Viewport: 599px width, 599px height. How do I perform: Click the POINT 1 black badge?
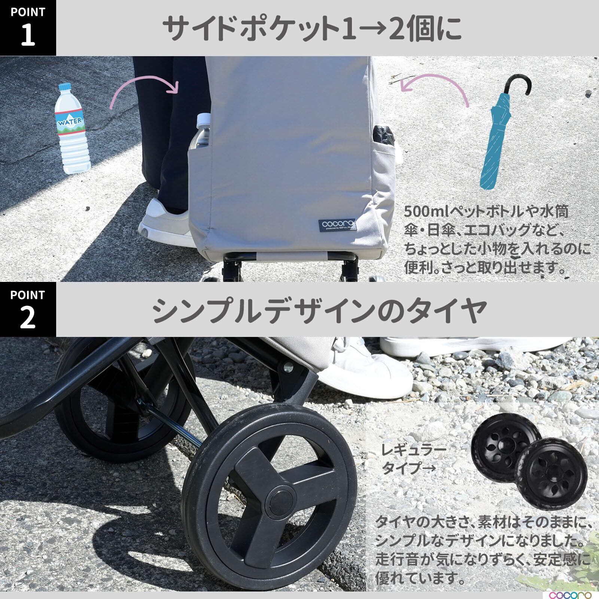coord(28,28)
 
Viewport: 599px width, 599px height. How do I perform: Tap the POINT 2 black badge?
coord(28,309)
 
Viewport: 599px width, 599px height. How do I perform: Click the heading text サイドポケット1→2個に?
coord(314,28)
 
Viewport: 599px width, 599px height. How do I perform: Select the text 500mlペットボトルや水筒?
coord(486,212)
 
